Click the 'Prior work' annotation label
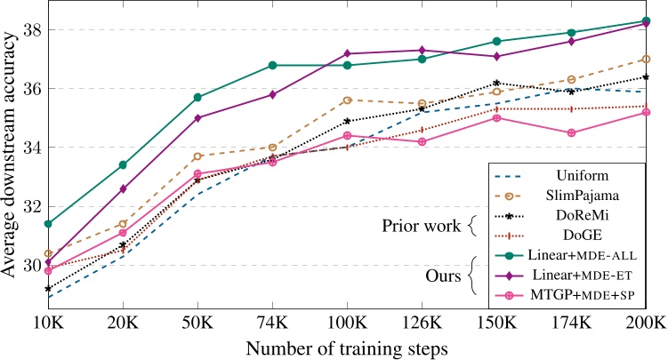click(x=417, y=226)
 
